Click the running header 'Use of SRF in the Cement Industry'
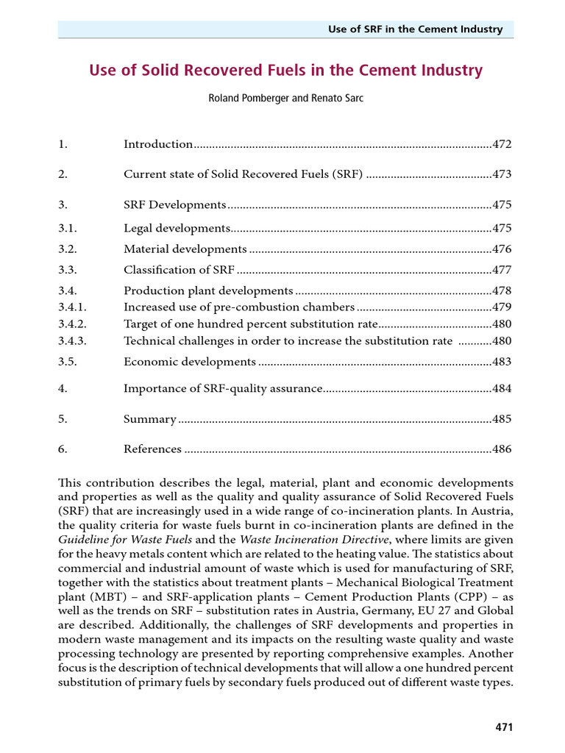(x=416, y=29)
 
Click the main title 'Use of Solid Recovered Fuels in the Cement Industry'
(x=285, y=71)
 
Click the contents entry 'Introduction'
(x=158, y=144)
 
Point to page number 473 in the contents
(x=502, y=174)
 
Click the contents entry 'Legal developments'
(x=177, y=228)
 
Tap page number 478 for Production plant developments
(x=502, y=291)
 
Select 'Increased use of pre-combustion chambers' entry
(x=239, y=307)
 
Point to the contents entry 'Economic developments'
(x=190, y=362)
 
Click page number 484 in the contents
(x=502, y=388)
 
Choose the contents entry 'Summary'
(x=150, y=419)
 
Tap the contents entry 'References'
(x=152, y=449)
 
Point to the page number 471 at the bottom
(x=503, y=727)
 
